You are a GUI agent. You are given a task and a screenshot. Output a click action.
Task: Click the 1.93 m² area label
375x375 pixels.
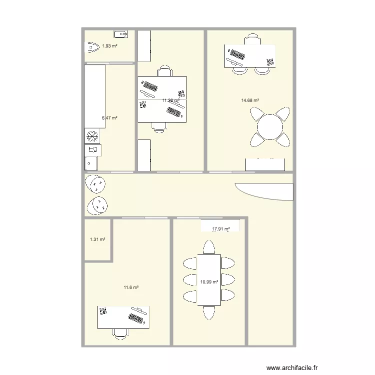(109, 46)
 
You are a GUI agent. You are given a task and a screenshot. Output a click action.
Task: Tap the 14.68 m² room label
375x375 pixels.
(250, 100)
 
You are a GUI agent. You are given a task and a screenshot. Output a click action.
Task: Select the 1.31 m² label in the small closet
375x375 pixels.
(97, 239)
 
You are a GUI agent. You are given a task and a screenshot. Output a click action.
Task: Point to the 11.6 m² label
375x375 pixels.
(131, 287)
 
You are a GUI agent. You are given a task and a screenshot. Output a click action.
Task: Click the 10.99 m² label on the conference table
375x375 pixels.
(209, 282)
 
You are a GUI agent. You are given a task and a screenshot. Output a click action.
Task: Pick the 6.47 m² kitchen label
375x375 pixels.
(109, 118)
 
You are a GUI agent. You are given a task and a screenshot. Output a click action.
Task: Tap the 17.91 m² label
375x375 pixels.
(220, 229)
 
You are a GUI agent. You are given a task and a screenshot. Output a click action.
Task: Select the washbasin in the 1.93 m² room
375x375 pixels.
(120, 34)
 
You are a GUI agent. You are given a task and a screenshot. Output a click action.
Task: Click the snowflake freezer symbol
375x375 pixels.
(92, 136)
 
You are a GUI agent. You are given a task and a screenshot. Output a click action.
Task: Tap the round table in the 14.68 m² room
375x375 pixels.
(270, 127)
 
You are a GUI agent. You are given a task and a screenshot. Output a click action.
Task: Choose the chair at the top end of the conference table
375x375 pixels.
(209, 246)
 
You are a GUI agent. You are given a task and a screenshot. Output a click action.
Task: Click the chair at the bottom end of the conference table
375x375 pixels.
(209, 312)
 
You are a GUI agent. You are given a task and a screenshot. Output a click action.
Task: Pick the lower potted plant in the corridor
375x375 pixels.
(98, 204)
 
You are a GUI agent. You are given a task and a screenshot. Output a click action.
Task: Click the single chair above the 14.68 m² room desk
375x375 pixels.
(252, 38)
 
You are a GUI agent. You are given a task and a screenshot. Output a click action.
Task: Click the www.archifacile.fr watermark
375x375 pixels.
(292, 367)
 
